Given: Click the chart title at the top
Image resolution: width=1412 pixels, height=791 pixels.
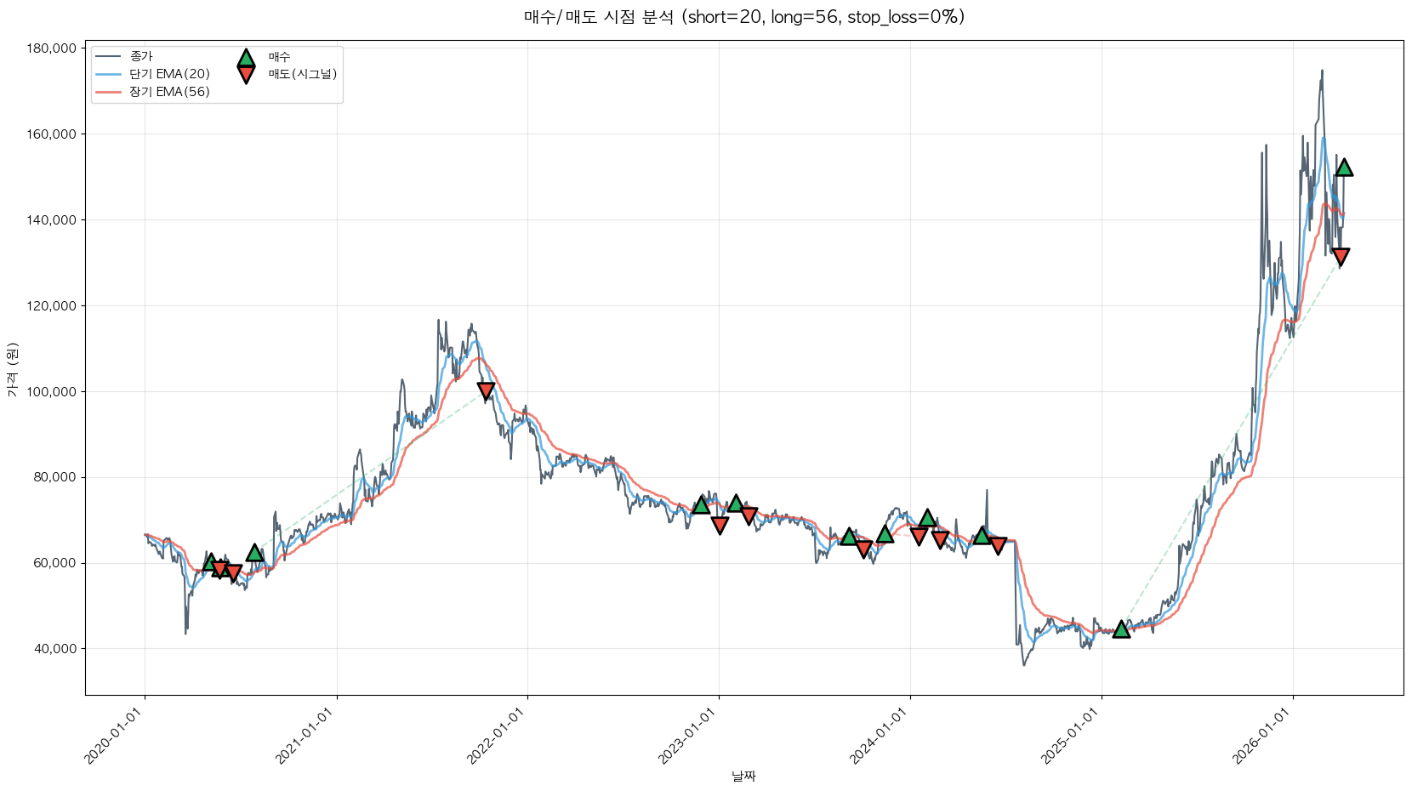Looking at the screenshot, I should tap(743, 17).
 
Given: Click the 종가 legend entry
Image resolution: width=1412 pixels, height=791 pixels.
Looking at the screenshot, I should tap(141, 56).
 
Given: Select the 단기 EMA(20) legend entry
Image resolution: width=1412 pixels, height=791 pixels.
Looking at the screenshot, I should tap(169, 74).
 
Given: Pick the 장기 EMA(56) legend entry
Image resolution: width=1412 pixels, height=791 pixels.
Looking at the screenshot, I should tap(169, 92).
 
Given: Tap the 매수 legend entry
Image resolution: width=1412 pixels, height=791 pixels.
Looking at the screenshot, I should tap(279, 57).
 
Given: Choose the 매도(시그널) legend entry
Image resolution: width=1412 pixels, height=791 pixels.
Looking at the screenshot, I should tap(302, 74).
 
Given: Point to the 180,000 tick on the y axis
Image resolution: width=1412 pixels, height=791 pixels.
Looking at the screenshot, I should tap(52, 48).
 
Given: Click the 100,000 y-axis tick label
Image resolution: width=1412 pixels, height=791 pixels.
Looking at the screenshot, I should tap(52, 391).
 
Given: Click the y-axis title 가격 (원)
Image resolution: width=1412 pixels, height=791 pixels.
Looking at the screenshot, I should tap(12, 370).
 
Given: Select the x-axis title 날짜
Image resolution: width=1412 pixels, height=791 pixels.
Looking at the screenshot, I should tap(743, 776).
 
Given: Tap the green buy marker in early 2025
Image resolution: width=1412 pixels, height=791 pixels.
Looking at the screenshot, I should tap(1121, 629).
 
